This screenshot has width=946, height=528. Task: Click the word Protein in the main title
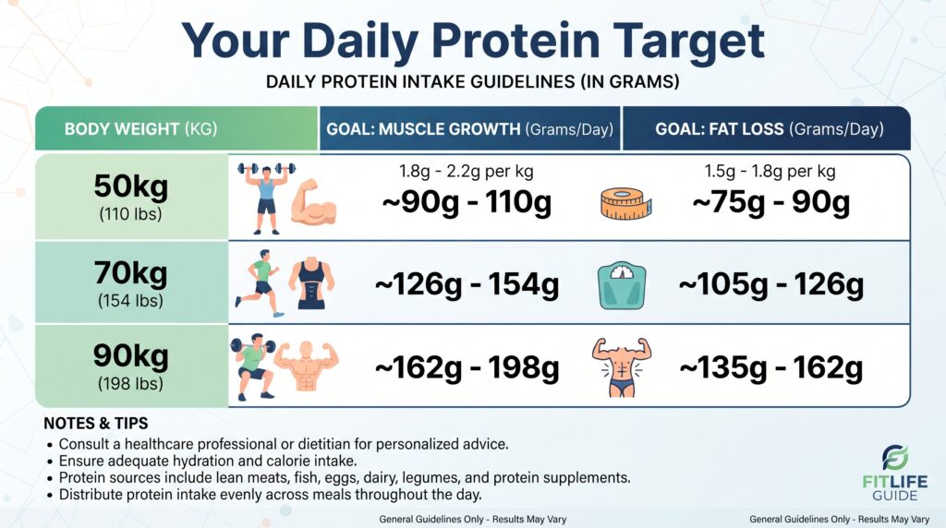[x=515, y=42]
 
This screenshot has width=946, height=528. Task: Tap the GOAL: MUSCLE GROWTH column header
[x=470, y=129]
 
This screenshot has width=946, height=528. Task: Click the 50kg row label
[x=131, y=197]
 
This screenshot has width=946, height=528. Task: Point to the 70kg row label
[x=131, y=283]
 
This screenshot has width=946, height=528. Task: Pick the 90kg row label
[x=131, y=366]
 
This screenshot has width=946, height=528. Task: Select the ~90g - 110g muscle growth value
[x=467, y=202]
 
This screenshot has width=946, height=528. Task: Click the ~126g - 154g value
[x=467, y=284]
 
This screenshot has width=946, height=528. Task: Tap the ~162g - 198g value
[x=467, y=367]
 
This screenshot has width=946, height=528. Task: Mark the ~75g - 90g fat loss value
[x=770, y=202]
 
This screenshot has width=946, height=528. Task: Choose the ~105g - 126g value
[x=771, y=284]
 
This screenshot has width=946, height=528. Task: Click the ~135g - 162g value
[x=771, y=367]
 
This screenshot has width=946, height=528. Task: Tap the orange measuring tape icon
[x=625, y=203]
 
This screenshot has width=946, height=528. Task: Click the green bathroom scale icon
[x=622, y=286]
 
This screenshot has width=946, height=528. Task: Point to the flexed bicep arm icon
[x=313, y=202]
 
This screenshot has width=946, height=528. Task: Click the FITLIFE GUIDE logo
[x=894, y=474]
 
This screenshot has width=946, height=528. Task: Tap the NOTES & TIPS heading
[x=96, y=423]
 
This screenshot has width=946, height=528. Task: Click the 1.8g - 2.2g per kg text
[x=467, y=171]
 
